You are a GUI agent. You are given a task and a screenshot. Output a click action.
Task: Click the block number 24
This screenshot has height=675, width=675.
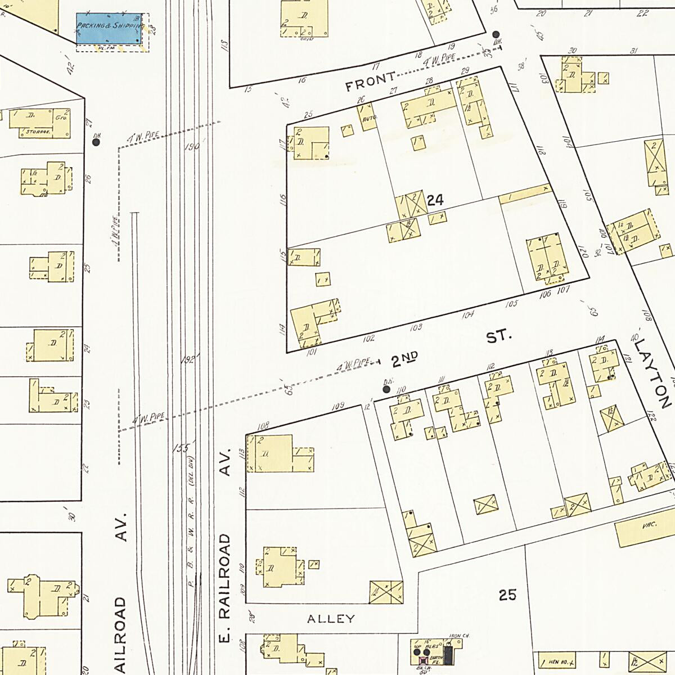[435, 200]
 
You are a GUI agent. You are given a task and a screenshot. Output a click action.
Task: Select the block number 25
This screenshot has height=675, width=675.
[507, 595]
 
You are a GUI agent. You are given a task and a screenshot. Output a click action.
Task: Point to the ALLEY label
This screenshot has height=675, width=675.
[331, 619]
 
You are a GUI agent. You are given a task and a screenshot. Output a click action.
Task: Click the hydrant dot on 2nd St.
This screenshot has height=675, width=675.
[386, 389]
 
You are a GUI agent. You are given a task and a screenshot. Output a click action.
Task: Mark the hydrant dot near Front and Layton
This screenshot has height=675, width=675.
[496, 34]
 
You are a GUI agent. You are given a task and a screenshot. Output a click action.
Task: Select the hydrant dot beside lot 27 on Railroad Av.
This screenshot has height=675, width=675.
[96, 142]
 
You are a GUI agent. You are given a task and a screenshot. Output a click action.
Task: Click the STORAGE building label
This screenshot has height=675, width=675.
[38, 132]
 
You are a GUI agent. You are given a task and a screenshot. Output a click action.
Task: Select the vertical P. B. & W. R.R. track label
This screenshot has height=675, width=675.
[191, 540]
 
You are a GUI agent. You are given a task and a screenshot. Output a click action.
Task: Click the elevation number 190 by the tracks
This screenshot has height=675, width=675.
[192, 147]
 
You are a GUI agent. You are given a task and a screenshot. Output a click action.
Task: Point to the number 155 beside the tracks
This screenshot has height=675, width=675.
[182, 448]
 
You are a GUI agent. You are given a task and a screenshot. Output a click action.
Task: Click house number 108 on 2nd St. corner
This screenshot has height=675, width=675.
[263, 426]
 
